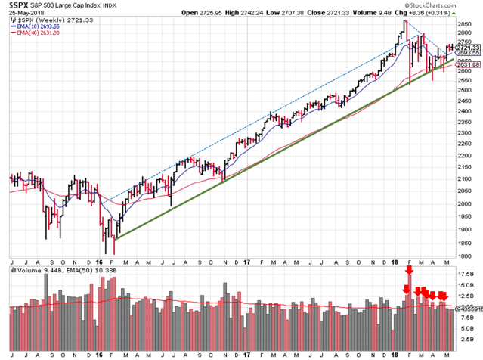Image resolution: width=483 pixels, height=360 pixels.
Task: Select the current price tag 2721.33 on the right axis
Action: pos(469,48)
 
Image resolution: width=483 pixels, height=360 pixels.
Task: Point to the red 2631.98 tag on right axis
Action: pos(469,65)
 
